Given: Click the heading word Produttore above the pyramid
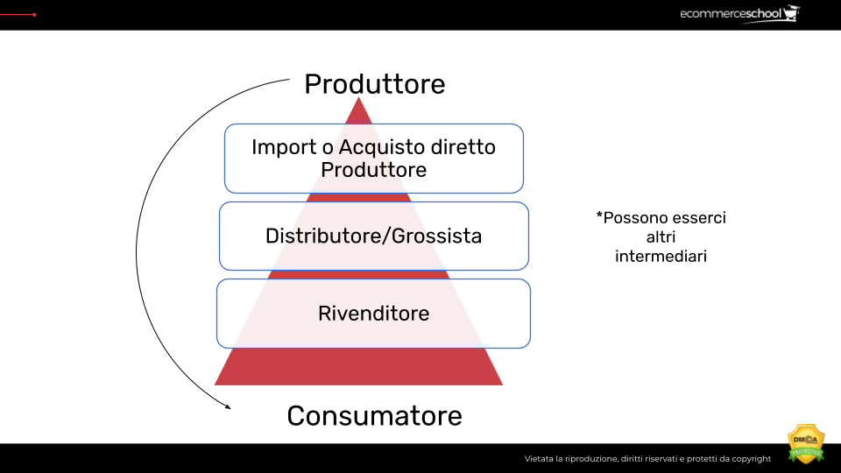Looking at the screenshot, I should [374, 84].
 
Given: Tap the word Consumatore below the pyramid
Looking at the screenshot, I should [374, 415].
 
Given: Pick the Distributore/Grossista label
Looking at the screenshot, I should [373, 236].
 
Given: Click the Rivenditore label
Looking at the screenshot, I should [373, 313].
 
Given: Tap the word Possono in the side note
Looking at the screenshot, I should [634, 217].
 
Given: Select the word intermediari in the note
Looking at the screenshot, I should [661, 257].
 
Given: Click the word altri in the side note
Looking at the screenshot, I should [661, 237].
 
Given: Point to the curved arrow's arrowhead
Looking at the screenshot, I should [228, 406].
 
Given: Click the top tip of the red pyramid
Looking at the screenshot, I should [358, 99].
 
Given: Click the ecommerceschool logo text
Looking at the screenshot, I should [730, 14].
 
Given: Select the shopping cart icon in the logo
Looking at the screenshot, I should [793, 14].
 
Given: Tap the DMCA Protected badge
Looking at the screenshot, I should [806, 444].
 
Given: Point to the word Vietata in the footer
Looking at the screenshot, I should [539, 459].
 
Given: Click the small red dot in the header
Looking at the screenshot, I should [34, 15].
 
